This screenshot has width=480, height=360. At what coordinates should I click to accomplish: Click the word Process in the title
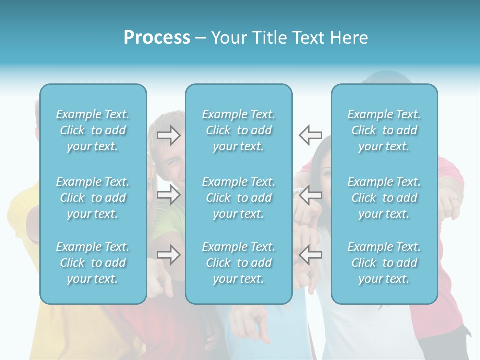(157, 38)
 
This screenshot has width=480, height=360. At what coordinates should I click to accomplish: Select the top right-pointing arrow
(169, 135)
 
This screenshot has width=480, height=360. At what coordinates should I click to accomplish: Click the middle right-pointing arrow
(169, 195)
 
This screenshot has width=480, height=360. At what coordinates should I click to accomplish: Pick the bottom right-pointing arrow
(169, 255)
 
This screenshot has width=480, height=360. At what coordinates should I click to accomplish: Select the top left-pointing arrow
(311, 135)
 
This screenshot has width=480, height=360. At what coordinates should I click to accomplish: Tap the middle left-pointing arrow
(311, 195)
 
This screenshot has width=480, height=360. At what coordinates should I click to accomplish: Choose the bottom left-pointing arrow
(311, 255)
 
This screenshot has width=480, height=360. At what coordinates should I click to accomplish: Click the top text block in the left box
(93, 130)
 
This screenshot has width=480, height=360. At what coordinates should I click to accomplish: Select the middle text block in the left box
(93, 198)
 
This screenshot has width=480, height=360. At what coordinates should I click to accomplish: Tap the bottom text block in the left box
(93, 263)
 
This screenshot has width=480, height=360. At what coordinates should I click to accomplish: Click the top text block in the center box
(239, 130)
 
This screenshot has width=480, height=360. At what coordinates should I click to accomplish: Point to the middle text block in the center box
(239, 198)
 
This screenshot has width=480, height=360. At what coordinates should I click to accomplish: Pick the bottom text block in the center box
(239, 263)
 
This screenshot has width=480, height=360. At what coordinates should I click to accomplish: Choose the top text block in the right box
(384, 130)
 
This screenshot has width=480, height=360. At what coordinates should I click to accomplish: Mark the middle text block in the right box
(384, 198)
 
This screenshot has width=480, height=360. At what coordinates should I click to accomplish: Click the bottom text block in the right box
(384, 263)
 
